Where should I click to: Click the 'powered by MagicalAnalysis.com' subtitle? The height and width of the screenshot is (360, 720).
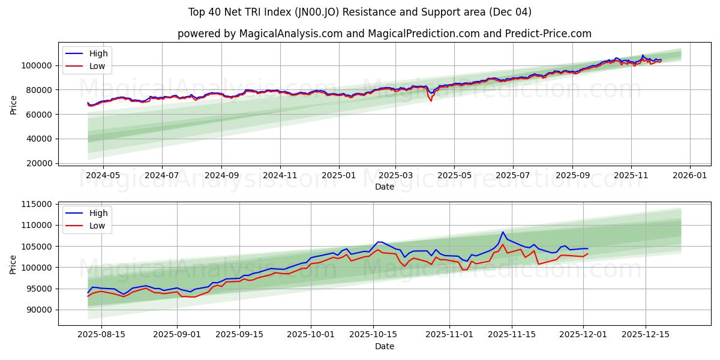point(384,34)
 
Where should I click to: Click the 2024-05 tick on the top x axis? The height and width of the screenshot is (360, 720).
point(103,175)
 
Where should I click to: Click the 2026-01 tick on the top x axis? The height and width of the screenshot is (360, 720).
point(689,175)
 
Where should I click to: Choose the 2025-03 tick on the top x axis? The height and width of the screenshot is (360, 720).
point(395,175)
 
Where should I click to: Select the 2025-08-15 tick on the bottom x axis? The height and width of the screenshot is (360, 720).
point(101,334)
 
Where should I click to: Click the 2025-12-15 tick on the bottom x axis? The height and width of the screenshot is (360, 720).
point(646,334)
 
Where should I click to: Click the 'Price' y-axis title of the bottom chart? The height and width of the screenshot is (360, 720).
point(13,264)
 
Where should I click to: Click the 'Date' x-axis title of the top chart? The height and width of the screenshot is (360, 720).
point(384,187)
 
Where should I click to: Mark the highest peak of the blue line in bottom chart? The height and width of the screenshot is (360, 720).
point(503,232)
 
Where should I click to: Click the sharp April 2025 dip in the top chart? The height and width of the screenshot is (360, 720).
point(430,100)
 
